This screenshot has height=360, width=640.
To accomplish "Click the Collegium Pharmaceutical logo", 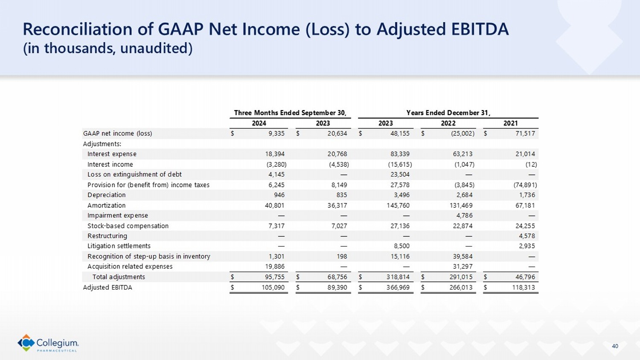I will click(x=48, y=343).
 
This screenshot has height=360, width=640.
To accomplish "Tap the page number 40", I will click(x=615, y=346).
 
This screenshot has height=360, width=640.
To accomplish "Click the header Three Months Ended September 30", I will click(x=290, y=113).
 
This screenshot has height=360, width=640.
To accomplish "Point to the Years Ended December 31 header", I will click(x=448, y=113).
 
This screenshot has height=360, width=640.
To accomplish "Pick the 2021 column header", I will click(x=510, y=123).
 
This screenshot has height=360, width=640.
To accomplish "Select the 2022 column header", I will click(x=448, y=123).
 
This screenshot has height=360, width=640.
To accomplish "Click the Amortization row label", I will click(x=106, y=205).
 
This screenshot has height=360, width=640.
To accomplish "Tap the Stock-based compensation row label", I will click(x=128, y=226).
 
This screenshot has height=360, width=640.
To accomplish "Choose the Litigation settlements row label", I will click(x=119, y=246).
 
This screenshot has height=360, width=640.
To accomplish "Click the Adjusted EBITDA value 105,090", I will click(x=273, y=287).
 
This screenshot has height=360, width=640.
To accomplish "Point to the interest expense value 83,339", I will click(x=400, y=154).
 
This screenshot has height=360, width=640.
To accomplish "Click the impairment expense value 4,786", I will click(x=464, y=215).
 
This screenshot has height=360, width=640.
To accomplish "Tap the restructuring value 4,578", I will click(x=527, y=236).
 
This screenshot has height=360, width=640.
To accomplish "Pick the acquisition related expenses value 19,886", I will click(x=275, y=267).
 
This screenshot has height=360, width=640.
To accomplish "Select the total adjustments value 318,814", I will click(x=398, y=277).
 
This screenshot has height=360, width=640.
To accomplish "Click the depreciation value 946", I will click(x=279, y=195).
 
